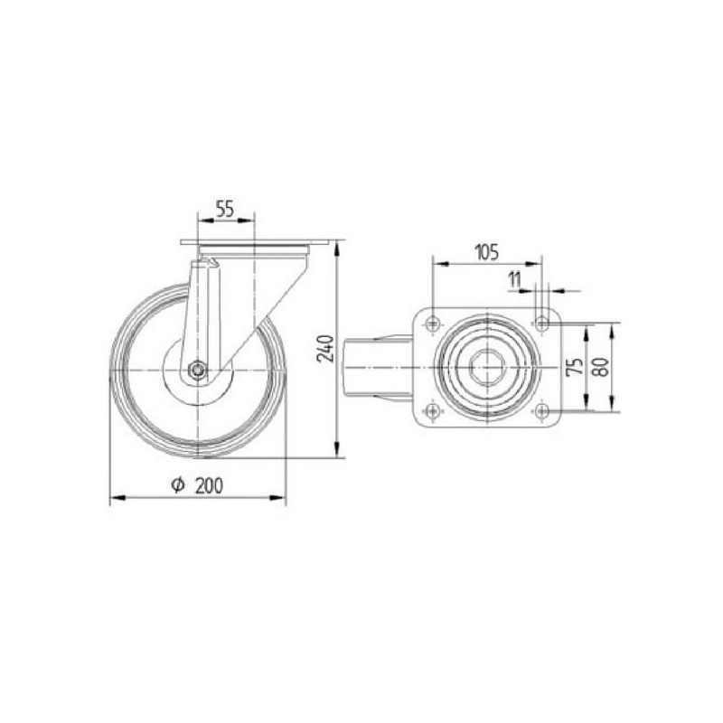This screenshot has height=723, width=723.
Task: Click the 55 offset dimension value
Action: (225, 209)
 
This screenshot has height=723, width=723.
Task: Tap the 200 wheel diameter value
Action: (209, 485)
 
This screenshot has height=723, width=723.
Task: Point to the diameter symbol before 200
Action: (178, 485)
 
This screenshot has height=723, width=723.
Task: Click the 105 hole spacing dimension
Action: (486, 252)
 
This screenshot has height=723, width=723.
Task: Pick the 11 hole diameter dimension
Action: (514, 279)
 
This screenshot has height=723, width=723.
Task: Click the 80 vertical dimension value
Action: (602, 368)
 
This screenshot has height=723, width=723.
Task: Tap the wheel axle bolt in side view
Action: (198, 370)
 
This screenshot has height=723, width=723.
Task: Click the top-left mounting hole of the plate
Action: (433, 324)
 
